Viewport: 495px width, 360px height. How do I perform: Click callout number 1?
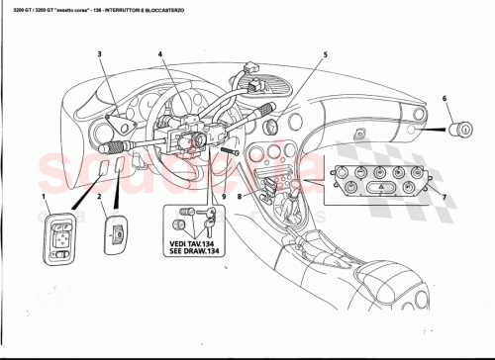(44, 198)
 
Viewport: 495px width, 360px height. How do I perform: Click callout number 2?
(100, 198)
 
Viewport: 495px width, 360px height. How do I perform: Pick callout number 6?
(445, 98)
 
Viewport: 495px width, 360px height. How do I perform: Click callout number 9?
(223, 198)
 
